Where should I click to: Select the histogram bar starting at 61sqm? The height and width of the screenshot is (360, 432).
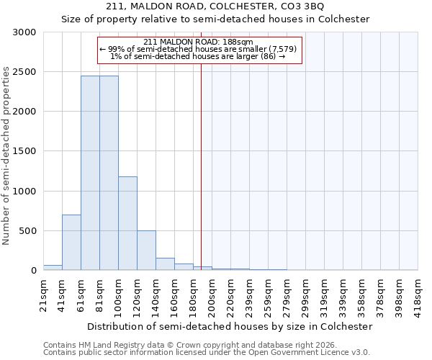pos(90,173)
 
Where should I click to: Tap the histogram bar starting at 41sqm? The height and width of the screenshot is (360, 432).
pos(71,243)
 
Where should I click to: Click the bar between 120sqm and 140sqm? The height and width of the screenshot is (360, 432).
pos(146,251)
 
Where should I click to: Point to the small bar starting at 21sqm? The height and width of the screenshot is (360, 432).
pos(53,268)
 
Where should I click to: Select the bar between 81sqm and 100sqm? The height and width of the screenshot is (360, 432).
pos(109,173)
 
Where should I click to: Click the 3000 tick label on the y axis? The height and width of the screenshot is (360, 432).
pos(24,32)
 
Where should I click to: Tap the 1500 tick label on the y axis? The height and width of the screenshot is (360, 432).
pos(24,151)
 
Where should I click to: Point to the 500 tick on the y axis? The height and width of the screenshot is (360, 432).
pos(27,231)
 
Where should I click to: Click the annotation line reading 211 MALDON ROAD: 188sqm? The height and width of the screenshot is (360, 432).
pos(198,42)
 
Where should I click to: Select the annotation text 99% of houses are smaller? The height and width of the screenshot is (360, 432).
pos(198,49)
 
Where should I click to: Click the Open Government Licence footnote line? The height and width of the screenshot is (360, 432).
pos(207,352)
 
